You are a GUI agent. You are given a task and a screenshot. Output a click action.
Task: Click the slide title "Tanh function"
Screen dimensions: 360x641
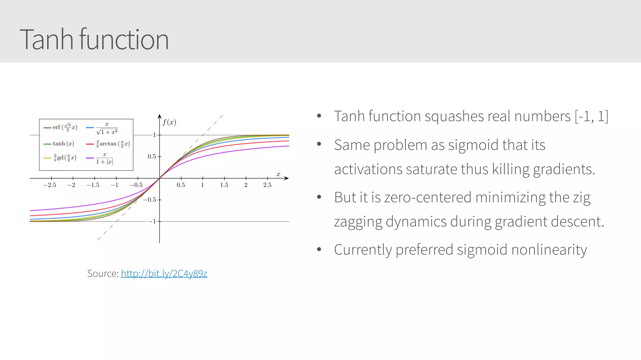(94, 39)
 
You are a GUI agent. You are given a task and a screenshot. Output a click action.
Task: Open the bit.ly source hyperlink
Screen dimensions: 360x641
(164, 274)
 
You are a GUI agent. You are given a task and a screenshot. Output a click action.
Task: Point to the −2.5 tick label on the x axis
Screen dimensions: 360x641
(49, 185)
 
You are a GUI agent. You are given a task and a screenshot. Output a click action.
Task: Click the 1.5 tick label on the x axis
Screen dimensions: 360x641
(224, 185)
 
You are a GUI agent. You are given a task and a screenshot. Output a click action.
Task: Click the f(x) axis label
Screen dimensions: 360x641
(169, 122)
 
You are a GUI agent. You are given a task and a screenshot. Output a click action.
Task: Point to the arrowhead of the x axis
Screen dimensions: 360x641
(286, 178)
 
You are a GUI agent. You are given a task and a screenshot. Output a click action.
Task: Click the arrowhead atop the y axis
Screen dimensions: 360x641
(160, 116)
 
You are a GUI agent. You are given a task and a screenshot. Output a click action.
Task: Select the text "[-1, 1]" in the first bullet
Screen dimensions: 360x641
(591, 116)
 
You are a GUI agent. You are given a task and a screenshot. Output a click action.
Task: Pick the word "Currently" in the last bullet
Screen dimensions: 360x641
(362, 250)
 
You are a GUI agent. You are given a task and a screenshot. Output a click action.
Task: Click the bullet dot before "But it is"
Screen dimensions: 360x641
(319, 197)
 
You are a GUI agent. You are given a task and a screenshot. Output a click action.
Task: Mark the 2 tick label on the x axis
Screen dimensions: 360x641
(246, 185)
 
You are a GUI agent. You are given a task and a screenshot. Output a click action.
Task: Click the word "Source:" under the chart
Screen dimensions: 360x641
(103, 274)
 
